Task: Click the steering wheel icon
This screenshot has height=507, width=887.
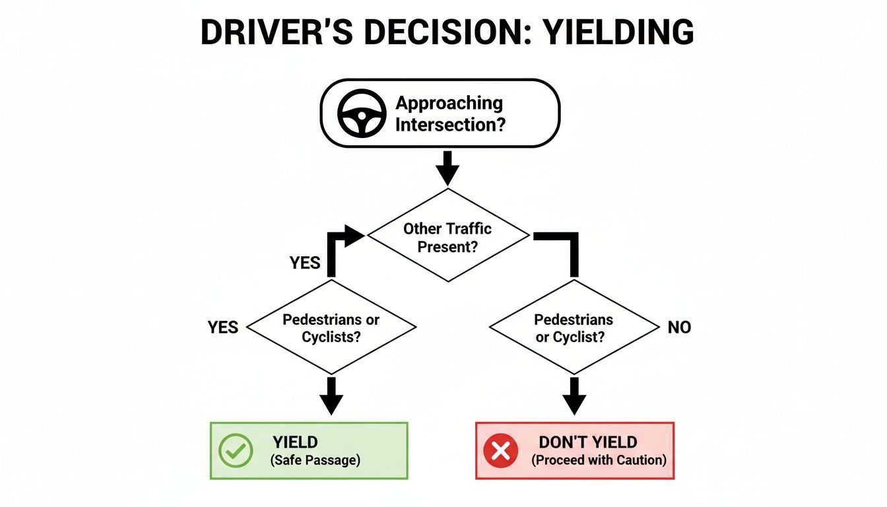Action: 361,113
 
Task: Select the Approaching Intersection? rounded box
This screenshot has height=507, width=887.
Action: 440,113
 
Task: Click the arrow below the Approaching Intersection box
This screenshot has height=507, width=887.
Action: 447,169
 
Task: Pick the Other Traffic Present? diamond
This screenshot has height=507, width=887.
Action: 448,236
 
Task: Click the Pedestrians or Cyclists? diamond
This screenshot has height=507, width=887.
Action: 331,327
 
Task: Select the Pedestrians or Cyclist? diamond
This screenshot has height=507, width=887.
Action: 574,327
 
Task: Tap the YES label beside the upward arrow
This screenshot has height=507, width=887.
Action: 305,263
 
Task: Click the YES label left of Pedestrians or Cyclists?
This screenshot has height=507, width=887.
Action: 223,327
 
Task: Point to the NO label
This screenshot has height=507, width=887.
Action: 679,327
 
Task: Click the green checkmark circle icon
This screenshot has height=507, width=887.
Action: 236,451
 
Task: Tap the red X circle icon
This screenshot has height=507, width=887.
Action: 501,451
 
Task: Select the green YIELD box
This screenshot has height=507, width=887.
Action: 309,451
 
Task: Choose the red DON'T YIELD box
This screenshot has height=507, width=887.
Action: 574,451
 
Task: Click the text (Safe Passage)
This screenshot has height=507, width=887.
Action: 315,461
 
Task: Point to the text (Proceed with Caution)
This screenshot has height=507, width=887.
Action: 599,461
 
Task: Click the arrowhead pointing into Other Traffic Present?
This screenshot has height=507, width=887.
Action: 355,234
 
